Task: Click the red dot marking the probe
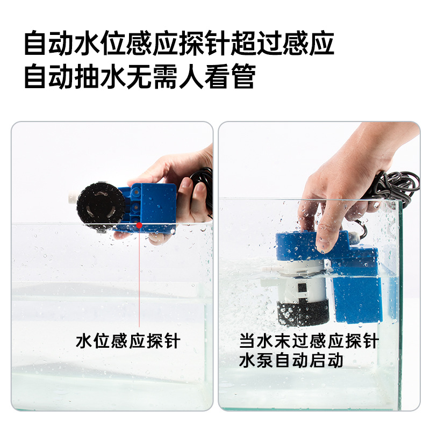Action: pyautogui.click(x=139, y=225)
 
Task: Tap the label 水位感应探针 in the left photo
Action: pyautogui.click(x=128, y=341)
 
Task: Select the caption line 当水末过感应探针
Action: pyautogui.click(x=309, y=341)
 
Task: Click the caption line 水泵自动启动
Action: pyautogui.click(x=291, y=360)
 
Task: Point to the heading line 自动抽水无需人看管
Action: pyautogui.click(x=140, y=76)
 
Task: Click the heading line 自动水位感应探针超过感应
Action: pyautogui.click(x=180, y=44)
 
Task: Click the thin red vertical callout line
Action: pyautogui.click(x=139, y=277)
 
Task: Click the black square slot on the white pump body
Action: pyautogui.click(x=302, y=288)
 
